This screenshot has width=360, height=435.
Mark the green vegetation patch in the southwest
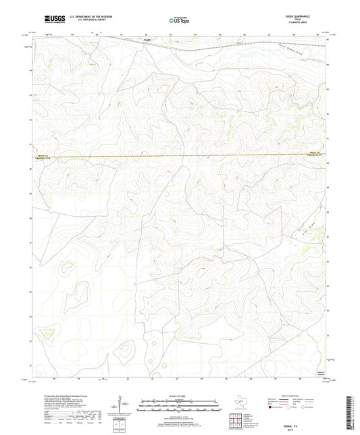pyautogui.click(x=47, y=332)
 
